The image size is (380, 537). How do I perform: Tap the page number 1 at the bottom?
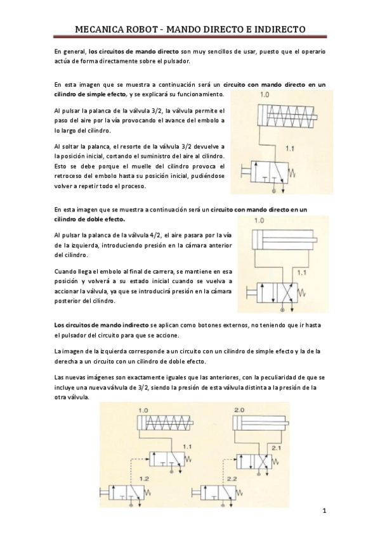click(x=324, y=511)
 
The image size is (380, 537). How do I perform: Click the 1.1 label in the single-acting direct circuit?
click(x=291, y=149)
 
